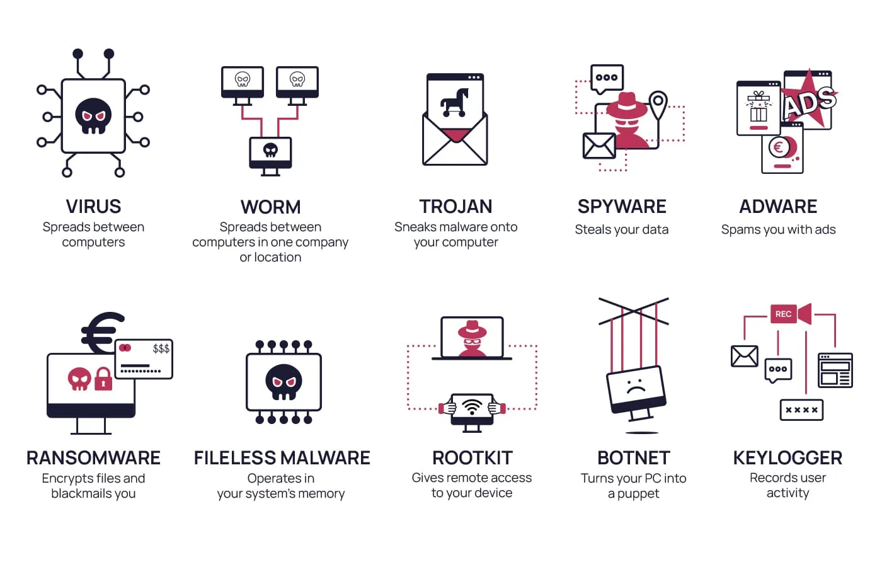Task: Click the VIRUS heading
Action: pyautogui.click(x=93, y=207)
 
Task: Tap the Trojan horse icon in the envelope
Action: pyautogui.click(x=455, y=103)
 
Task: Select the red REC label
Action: pyautogui.click(x=783, y=314)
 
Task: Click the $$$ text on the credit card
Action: pyautogui.click(x=161, y=348)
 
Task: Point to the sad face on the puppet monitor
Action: pyautogui.click(x=635, y=386)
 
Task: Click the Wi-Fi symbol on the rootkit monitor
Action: pyautogui.click(x=472, y=406)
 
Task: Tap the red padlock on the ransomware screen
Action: pyautogui.click(x=103, y=379)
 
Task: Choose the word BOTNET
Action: pyautogui.click(x=634, y=458)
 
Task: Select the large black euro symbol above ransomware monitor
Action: pyautogui.click(x=102, y=333)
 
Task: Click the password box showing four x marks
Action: pyautogui.click(x=801, y=410)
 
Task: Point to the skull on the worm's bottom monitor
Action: pyautogui.click(x=270, y=150)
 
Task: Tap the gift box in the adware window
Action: pyautogui.click(x=759, y=106)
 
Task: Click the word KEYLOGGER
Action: pyautogui.click(x=787, y=458)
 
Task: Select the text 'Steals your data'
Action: pyautogui.click(x=622, y=229)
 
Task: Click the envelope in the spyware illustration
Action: pyautogui.click(x=599, y=146)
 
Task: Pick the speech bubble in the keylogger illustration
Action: pyautogui.click(x=778, y=370)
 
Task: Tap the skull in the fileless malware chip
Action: pyautogui.click(x=284, y=382)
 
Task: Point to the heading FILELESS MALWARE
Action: pyautogui.click(x=282, y=458)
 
